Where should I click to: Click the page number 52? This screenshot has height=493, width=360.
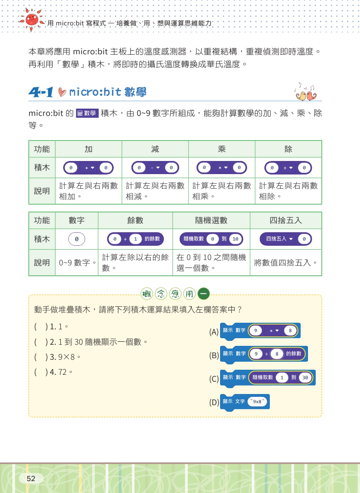[x=31, y=478]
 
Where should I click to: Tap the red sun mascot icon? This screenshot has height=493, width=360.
[x=32, y=18]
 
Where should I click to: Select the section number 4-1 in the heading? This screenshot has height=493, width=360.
[x=40, y=92]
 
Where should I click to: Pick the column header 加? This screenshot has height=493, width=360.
[x=89, y=149]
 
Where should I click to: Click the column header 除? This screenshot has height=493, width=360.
[x=288, y=149]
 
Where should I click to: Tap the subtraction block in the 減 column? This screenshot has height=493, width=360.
[x=155, y=168]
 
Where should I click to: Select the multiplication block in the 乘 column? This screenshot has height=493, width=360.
[x=222, y=168]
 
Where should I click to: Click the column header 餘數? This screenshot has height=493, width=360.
[x=135, y=220]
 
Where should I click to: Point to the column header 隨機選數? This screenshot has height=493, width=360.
[x=211, y=220]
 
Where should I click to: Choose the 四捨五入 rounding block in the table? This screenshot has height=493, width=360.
[x=286, y=239]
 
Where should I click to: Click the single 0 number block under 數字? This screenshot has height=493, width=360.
[x=77, y=239]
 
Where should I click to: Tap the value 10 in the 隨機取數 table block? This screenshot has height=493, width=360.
[x=236, y=239]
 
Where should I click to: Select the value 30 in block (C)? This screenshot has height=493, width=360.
[x=305, y=378]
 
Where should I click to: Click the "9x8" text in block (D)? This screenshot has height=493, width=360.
[x=258, y=401]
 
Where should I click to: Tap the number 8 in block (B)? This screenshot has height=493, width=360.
[x=276, y=354]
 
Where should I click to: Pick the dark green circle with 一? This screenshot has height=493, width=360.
[x=204, y=294]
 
